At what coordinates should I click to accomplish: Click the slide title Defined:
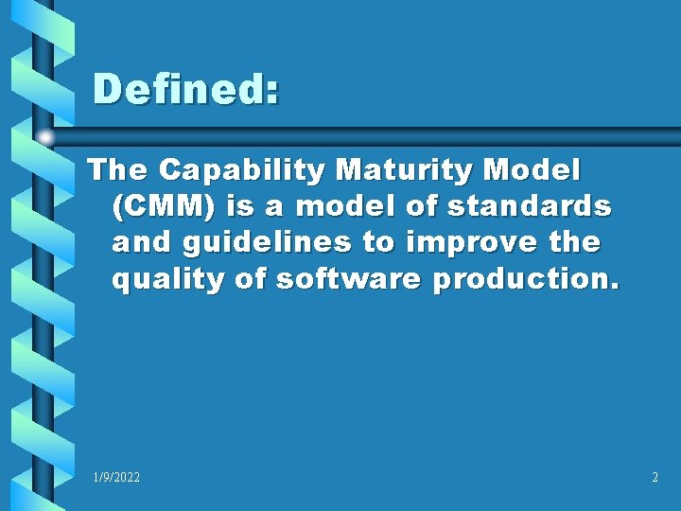(186, 91)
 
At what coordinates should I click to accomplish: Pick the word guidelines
(270, 242)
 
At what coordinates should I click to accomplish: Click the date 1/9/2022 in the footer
(116, 478)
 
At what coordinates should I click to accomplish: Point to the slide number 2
(655, 478)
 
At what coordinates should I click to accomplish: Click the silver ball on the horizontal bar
(44, 137)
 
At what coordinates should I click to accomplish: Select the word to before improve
(377, 242)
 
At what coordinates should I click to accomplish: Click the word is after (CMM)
(238, 206)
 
